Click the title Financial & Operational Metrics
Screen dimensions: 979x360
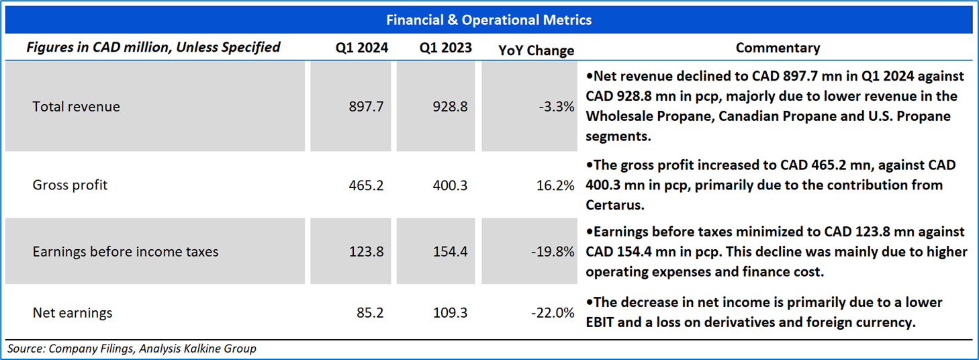pos(489,20)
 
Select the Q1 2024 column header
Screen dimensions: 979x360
pos(361,48)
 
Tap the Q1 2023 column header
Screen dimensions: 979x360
pos(445,48)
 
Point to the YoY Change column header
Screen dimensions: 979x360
pos(537,50)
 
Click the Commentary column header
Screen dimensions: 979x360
pos(778,48)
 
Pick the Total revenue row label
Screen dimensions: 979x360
pos(76,107)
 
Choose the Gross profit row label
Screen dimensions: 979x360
pos(70,185)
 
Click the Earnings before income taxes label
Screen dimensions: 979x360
pos(126,252)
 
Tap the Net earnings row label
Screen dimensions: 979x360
pos(73,313)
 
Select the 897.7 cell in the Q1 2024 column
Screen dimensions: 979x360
pos(366,107)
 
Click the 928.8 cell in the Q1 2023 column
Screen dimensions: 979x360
pos(450,107)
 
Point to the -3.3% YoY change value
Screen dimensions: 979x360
pos(556,107)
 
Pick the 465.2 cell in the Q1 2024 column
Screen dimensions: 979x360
pos(366,185)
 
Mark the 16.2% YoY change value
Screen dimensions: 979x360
pos(555,185)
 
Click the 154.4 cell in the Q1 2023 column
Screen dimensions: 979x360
pos(450,252)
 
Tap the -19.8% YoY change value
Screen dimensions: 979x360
pos(553,252)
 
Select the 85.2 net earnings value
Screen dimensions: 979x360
pos(370,313)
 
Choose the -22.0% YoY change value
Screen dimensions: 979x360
pos(553,313)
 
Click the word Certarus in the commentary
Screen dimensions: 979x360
pos(615,205)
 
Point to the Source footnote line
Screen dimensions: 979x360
pos(132,349)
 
